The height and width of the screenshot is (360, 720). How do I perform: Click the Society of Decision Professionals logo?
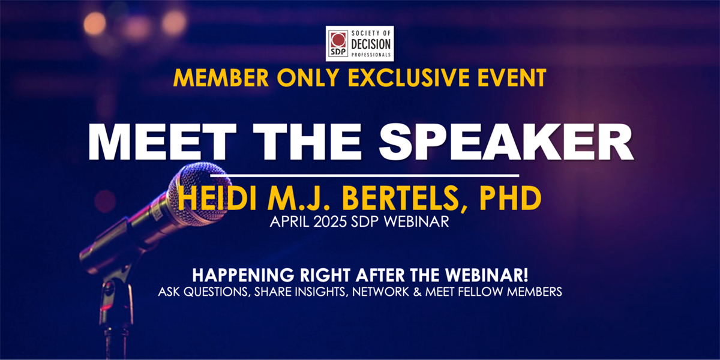coord(359,44)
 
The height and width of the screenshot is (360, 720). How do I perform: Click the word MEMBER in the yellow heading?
coord(221,78)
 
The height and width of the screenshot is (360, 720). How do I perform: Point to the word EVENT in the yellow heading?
coord(512,78)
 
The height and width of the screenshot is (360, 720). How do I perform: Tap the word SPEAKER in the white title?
coord(506,142)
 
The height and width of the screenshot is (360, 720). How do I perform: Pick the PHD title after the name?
coord(511,199)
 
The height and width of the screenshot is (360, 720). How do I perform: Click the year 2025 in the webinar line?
coord(330,222)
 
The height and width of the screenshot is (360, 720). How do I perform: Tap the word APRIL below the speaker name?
coord(290,222)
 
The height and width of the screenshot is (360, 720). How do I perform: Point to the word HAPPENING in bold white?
coord(244,275)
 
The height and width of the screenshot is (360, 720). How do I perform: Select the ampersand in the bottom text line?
coord(417,292)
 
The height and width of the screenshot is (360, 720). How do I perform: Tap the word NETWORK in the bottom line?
coord(380,292)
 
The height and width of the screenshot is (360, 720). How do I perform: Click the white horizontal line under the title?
coord(365,175)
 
